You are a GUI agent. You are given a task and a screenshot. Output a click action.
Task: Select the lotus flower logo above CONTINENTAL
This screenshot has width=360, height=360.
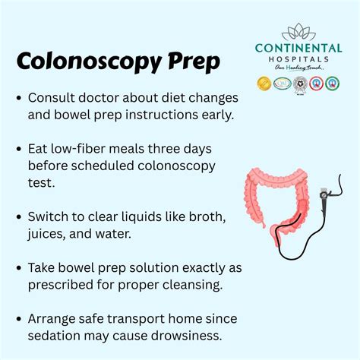click(297, 32)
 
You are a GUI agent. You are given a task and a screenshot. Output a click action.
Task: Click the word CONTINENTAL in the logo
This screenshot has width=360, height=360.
click(297, 48)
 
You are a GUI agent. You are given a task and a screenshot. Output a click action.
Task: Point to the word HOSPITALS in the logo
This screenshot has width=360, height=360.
click(297, 59)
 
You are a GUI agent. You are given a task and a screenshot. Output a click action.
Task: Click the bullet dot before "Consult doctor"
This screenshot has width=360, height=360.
click(18, 99)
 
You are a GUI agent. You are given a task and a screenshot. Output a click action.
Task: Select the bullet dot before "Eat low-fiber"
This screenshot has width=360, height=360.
click(18, 150)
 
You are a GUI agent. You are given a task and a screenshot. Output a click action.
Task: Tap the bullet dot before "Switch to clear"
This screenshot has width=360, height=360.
click(18, 217)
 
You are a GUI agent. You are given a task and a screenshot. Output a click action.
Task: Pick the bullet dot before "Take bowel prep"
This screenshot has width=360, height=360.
click(18, 268)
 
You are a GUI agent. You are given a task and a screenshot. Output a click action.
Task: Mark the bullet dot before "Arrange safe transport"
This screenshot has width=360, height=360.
click(18, 319)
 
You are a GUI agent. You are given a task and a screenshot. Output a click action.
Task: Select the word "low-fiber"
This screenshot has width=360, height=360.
click(84, 150)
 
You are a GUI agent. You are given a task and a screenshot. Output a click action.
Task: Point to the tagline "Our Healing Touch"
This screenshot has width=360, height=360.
click(297, 69)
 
